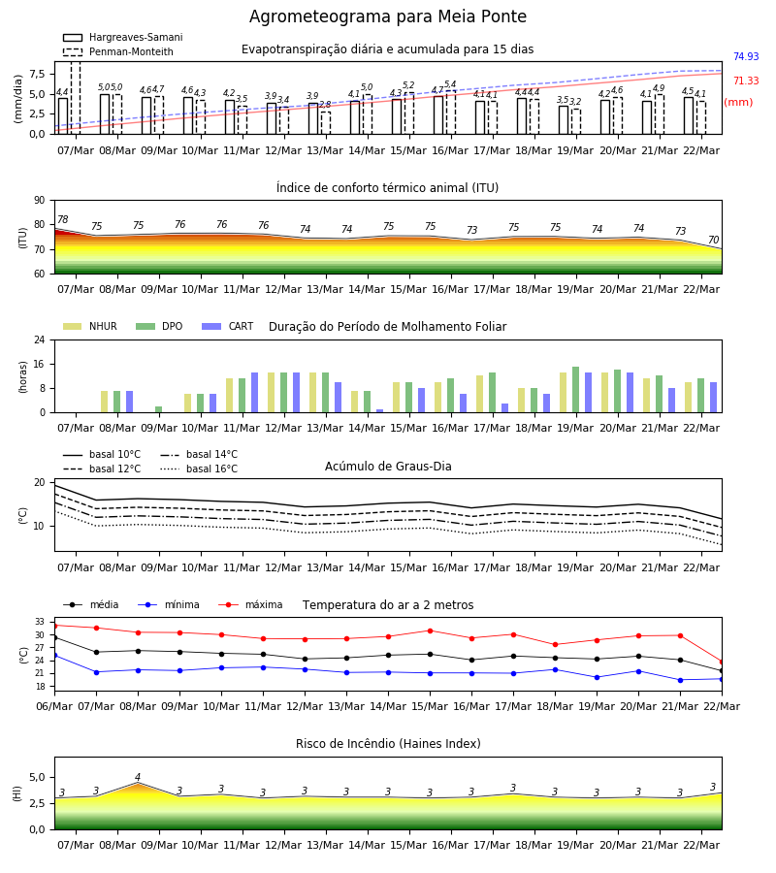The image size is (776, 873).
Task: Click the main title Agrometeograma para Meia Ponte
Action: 387,16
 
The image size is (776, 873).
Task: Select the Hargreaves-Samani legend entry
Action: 123,37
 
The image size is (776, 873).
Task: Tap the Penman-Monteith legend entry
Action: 118,51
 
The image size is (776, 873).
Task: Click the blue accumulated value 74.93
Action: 746,57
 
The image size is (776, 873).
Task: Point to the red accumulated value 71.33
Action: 746,81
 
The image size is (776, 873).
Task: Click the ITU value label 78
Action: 63,219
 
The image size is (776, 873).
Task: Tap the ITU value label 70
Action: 714,240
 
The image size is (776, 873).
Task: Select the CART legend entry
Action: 228,326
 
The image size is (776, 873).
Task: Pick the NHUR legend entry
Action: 90,326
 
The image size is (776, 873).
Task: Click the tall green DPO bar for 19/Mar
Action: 575,390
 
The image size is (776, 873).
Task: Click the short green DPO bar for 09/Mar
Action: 159,409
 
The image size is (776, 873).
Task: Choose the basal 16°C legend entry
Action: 199,469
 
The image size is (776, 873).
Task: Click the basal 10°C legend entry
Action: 102,455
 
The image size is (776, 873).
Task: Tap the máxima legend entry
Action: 250,604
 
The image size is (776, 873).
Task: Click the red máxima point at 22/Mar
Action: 722,663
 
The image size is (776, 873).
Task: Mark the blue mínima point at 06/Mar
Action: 54,656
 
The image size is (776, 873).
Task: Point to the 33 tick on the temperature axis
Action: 40,622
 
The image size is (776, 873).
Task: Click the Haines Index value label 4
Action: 138,777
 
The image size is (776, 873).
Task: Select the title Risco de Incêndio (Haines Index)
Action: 388,744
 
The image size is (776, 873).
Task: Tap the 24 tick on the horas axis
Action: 40,339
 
